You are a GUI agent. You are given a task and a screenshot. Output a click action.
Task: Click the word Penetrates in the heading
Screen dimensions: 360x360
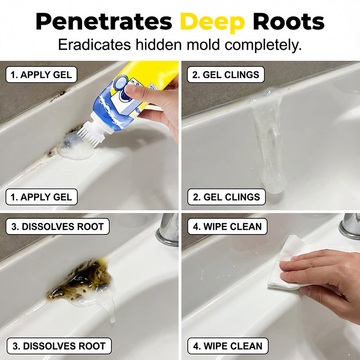pos(104,21)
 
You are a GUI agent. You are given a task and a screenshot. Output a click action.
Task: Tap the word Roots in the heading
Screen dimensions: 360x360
pos(288,21)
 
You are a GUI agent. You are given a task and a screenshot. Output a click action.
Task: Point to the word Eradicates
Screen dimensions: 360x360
pos(94,45)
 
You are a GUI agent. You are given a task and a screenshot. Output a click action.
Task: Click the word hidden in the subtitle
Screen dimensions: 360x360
pos(159,45)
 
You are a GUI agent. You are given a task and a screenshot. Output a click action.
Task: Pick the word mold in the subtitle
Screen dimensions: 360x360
pos(203,45)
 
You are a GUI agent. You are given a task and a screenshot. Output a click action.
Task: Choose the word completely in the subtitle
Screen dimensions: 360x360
pos(263,45)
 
